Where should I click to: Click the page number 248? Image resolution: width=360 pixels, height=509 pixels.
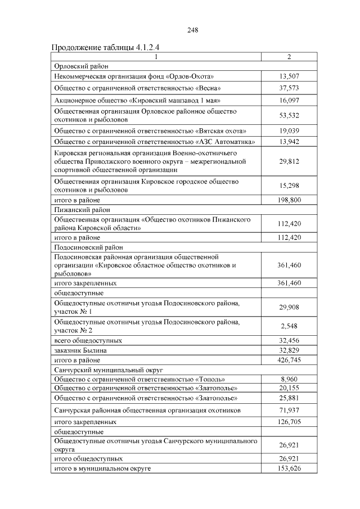193,30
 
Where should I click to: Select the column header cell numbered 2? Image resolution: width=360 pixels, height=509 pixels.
289,57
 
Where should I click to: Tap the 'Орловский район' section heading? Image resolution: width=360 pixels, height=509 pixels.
78,66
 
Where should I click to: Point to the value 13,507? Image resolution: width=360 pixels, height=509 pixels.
289,76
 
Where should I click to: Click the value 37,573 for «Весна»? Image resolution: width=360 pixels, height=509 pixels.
289,88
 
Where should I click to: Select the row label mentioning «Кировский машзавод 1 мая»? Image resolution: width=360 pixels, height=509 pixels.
136,100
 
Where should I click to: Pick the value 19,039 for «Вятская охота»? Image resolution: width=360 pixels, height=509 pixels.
289,130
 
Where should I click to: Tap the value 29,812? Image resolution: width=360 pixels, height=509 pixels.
289,161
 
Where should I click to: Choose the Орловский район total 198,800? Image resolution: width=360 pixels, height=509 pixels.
289,200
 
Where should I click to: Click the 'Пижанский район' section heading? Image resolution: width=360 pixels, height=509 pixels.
78,210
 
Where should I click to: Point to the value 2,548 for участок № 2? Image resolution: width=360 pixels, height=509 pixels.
289,326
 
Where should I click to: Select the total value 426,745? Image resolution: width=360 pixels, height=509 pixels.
289,359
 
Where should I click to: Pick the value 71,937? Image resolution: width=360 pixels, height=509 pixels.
289,411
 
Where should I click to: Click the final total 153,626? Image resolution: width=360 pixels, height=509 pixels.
289,469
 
